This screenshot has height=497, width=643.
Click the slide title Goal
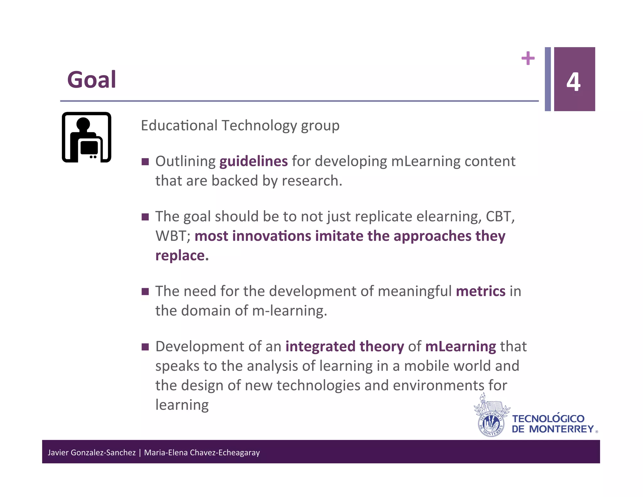(x=91, y=80)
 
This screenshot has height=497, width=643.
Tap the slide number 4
(x=573, y=82)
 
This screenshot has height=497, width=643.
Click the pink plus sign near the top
(x=528, y=58)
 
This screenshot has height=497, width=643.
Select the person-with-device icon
(x=87, y=137)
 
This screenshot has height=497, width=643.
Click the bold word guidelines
(x=253, y=161)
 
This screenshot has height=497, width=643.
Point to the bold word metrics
(x=480, y=291)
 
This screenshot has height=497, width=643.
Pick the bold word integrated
(x=320, y=347)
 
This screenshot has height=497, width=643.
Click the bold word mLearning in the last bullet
(x=460, y=347)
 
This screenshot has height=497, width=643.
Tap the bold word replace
(x=181, y=255)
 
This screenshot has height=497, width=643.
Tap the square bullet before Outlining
(x=145, y=162)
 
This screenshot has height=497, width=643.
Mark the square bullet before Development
(x=145, y=347)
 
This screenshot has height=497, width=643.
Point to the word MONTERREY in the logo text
(x=561, y=429)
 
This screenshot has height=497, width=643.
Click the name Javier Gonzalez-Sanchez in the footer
(x=91, y=452)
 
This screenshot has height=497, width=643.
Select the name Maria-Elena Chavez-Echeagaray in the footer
(x=202, y=452)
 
